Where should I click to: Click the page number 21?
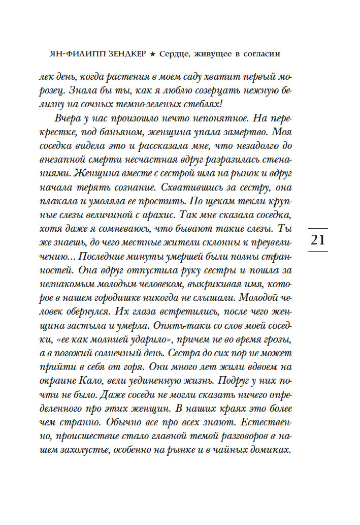[x=317, y=239]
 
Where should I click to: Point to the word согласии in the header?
[x=258, y=53]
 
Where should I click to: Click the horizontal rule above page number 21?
[x=317, y=228]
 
